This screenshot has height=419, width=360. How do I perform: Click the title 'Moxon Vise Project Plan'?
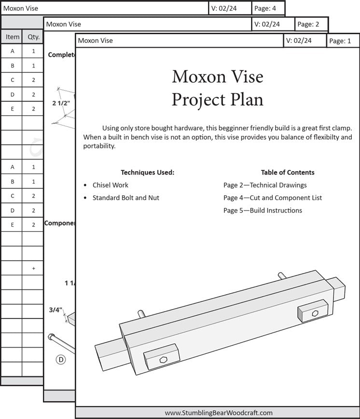tap(218, 88)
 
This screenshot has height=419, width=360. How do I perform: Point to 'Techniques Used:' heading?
tap(147, 172)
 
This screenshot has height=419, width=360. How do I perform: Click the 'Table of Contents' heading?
tap(288, 172)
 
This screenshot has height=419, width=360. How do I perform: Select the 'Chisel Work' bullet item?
tap(111, 185)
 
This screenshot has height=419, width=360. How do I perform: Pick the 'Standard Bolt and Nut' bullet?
tap(125, 198)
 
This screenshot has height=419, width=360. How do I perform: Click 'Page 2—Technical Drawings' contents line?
tap(265, 185)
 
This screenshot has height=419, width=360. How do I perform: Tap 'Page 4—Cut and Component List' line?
tap(273, 198)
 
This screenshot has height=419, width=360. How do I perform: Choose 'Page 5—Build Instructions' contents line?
tap(263, 210)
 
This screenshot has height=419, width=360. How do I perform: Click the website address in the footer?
tap(219, 413)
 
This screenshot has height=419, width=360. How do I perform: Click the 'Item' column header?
tap(13, 37)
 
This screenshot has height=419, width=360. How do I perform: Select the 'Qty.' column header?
tap(33, 37)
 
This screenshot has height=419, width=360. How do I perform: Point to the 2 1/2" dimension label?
tap(61, 103)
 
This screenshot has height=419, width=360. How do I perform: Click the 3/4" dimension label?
tap(55, 310)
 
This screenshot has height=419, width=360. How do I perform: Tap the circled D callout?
tap(61, 359)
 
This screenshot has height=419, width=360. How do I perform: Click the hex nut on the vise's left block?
tap(164, 359)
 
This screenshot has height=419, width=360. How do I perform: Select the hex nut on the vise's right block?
tap(315, 313)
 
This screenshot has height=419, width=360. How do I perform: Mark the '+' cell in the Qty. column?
tap(33, 268)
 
